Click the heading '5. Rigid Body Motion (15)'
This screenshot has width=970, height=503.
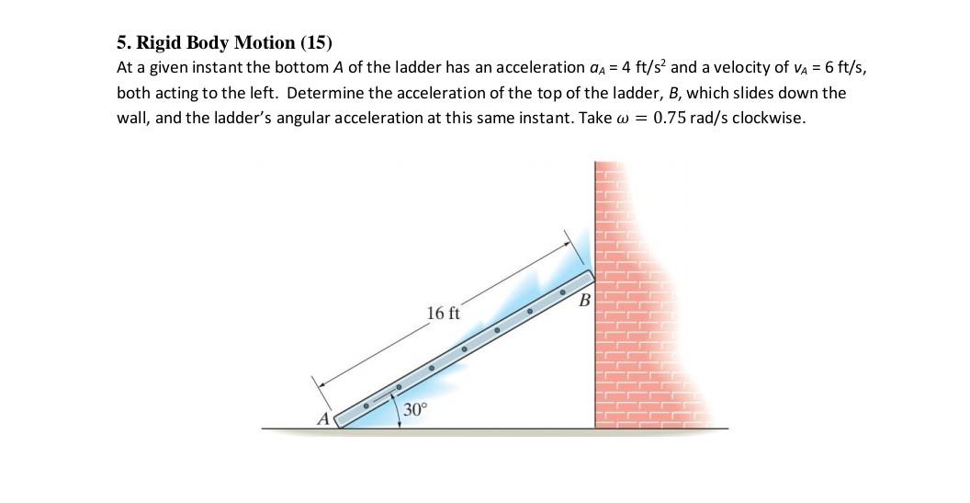224,42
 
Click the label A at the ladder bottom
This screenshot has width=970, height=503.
322,419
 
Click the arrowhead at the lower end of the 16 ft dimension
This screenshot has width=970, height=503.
318,379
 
